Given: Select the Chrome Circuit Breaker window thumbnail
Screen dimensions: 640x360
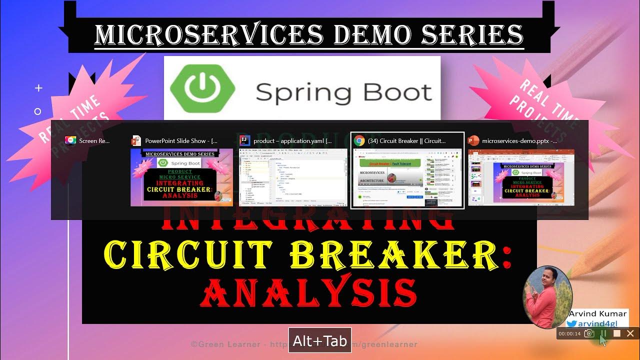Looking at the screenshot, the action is pyautogui.click(x=407, y=177).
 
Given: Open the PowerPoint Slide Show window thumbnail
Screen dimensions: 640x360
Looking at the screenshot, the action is pyautogui.click(x=181, y=177).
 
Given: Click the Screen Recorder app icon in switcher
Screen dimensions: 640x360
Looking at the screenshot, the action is pyautogui.click(x=70, y=141).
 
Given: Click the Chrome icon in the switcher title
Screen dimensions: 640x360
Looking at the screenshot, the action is pyautogui.click(x=358, y=141).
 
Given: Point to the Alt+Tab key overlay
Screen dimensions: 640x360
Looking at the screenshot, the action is pyautogui.click(x=320, y=341).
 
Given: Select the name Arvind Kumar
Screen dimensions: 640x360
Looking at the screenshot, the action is pyautogui.click(x=597, y=313).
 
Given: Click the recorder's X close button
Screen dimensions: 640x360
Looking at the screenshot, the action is pyautogui.click(x=630, y=333).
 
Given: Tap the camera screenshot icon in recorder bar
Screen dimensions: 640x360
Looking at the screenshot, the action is pyautogui.click(x=589, y=333).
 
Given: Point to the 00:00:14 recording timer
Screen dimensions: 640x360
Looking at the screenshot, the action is pyautogui.click(x=569, y=333).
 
